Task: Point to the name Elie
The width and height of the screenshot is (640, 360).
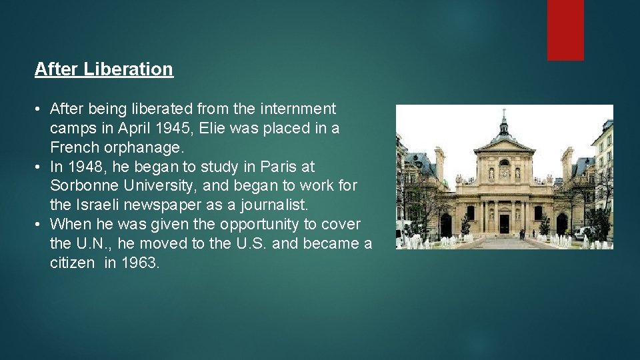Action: coord(213,127)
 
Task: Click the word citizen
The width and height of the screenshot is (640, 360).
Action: coord(72,263)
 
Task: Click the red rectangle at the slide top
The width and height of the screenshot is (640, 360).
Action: coord(565,29)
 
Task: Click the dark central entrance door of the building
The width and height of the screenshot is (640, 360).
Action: coord(505,224)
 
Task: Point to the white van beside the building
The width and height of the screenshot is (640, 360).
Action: coord(583,232)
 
